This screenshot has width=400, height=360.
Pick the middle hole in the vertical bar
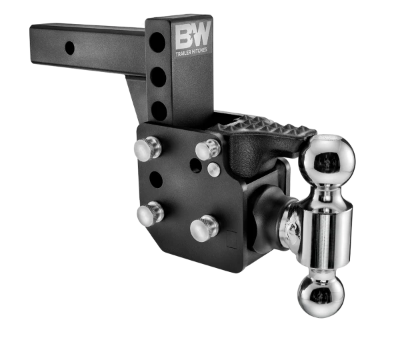(157, 77)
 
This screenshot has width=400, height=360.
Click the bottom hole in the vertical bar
(159, 110)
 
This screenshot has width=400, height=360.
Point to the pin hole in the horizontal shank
(69, 47)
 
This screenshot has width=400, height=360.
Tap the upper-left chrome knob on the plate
(148, 148)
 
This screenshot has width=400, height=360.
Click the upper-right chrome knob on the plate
(208, 149)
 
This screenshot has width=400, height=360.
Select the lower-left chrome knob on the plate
(150, 214)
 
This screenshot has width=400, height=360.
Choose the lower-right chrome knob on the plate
(204, 229)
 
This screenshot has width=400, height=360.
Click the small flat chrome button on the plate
(213, 169)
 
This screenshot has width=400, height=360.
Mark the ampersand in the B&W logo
(192, 34)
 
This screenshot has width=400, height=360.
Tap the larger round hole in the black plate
(155, 179)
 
